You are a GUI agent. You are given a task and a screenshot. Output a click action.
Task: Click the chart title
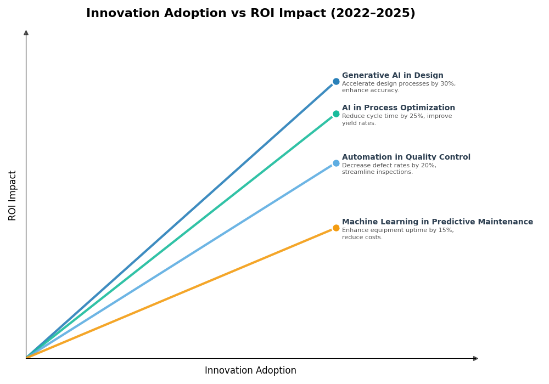[250, 14]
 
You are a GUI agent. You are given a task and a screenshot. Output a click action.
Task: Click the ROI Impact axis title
[13, 195]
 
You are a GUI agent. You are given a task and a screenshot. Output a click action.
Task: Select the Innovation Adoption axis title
[250, 371]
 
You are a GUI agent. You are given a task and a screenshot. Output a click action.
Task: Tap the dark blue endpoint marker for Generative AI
[336, 82]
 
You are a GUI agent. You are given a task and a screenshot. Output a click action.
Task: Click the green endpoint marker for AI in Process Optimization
[336, 114]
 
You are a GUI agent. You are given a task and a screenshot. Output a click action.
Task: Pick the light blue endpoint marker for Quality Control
[336, 163]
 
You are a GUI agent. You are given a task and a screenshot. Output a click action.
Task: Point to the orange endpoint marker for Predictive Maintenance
[336, 228]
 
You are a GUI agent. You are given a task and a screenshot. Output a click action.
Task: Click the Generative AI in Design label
[393, 76]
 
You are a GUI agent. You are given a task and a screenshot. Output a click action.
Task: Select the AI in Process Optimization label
[398, 108]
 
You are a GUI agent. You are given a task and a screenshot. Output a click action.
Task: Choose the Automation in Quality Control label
[406, 157]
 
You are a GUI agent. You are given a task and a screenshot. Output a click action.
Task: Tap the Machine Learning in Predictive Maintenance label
[437, 222]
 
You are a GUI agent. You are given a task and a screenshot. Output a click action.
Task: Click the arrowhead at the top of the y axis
[26, 33]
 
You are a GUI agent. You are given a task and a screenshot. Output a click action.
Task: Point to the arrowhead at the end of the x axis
[475, 359]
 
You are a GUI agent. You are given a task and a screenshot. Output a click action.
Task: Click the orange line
[181, 293]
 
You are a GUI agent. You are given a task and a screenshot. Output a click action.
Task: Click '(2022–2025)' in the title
[373, 14]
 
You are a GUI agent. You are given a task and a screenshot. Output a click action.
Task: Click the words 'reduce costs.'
[362, 238]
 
